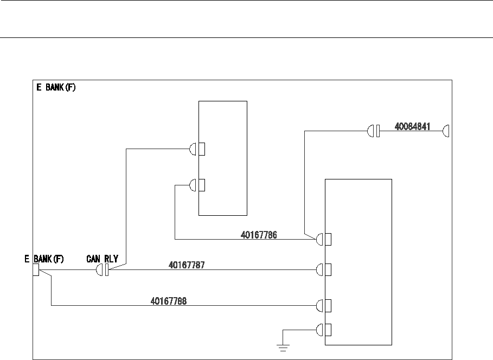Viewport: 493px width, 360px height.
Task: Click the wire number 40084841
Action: (412, 126)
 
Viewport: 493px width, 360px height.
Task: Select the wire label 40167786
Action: (259, 235)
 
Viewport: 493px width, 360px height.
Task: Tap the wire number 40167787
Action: (187, 265)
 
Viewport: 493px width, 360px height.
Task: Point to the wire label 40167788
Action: (169, 301)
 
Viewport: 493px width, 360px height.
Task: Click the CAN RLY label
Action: (103, 259)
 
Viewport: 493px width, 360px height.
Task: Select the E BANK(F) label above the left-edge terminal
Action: (44, 259)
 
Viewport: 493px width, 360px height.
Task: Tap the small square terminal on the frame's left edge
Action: (35, 269)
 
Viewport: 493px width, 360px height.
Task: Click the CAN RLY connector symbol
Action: (103, 269)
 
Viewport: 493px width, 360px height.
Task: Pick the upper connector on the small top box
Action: (197, 149)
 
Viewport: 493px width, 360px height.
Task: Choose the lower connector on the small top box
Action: (197, 185)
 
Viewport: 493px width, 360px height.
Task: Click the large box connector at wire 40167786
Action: (323, 239)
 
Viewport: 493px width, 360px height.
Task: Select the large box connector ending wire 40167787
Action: (323, 269)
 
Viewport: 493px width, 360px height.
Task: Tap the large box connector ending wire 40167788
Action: (323, 306)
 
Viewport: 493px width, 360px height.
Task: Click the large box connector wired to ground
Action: (323, 330)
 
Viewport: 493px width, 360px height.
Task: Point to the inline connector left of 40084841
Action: (373, 131)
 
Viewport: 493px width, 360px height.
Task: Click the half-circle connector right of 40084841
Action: (446, 131)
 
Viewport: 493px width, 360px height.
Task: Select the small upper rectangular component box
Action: (223, 158)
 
